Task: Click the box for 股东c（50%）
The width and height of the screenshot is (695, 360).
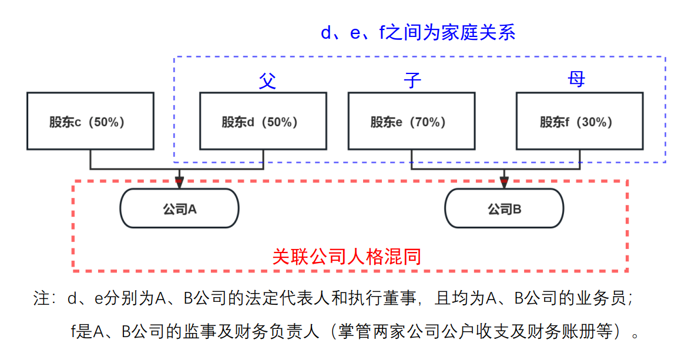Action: click(x=90, y=121)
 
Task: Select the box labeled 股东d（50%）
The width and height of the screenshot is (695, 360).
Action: click(x=263, y=121)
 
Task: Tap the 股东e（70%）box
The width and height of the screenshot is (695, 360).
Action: click(x=411, y=121)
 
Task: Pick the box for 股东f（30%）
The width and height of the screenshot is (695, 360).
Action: click(x=579, y=121)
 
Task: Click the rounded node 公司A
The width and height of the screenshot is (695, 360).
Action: click(x=179, y=208)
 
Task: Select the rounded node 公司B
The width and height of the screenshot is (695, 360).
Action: click(x=504, y=208)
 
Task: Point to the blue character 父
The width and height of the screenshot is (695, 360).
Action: click(x=267, y=80)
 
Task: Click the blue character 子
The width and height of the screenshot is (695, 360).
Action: click(x=413, y=80)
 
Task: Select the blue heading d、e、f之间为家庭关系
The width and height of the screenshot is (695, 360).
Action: click(x=418, y=32)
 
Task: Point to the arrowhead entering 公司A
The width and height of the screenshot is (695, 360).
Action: click(x=179, y=181)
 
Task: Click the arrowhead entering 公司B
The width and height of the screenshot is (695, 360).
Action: click(x=504, y=181)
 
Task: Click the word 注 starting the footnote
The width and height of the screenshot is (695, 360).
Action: click(x=41, y=298)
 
